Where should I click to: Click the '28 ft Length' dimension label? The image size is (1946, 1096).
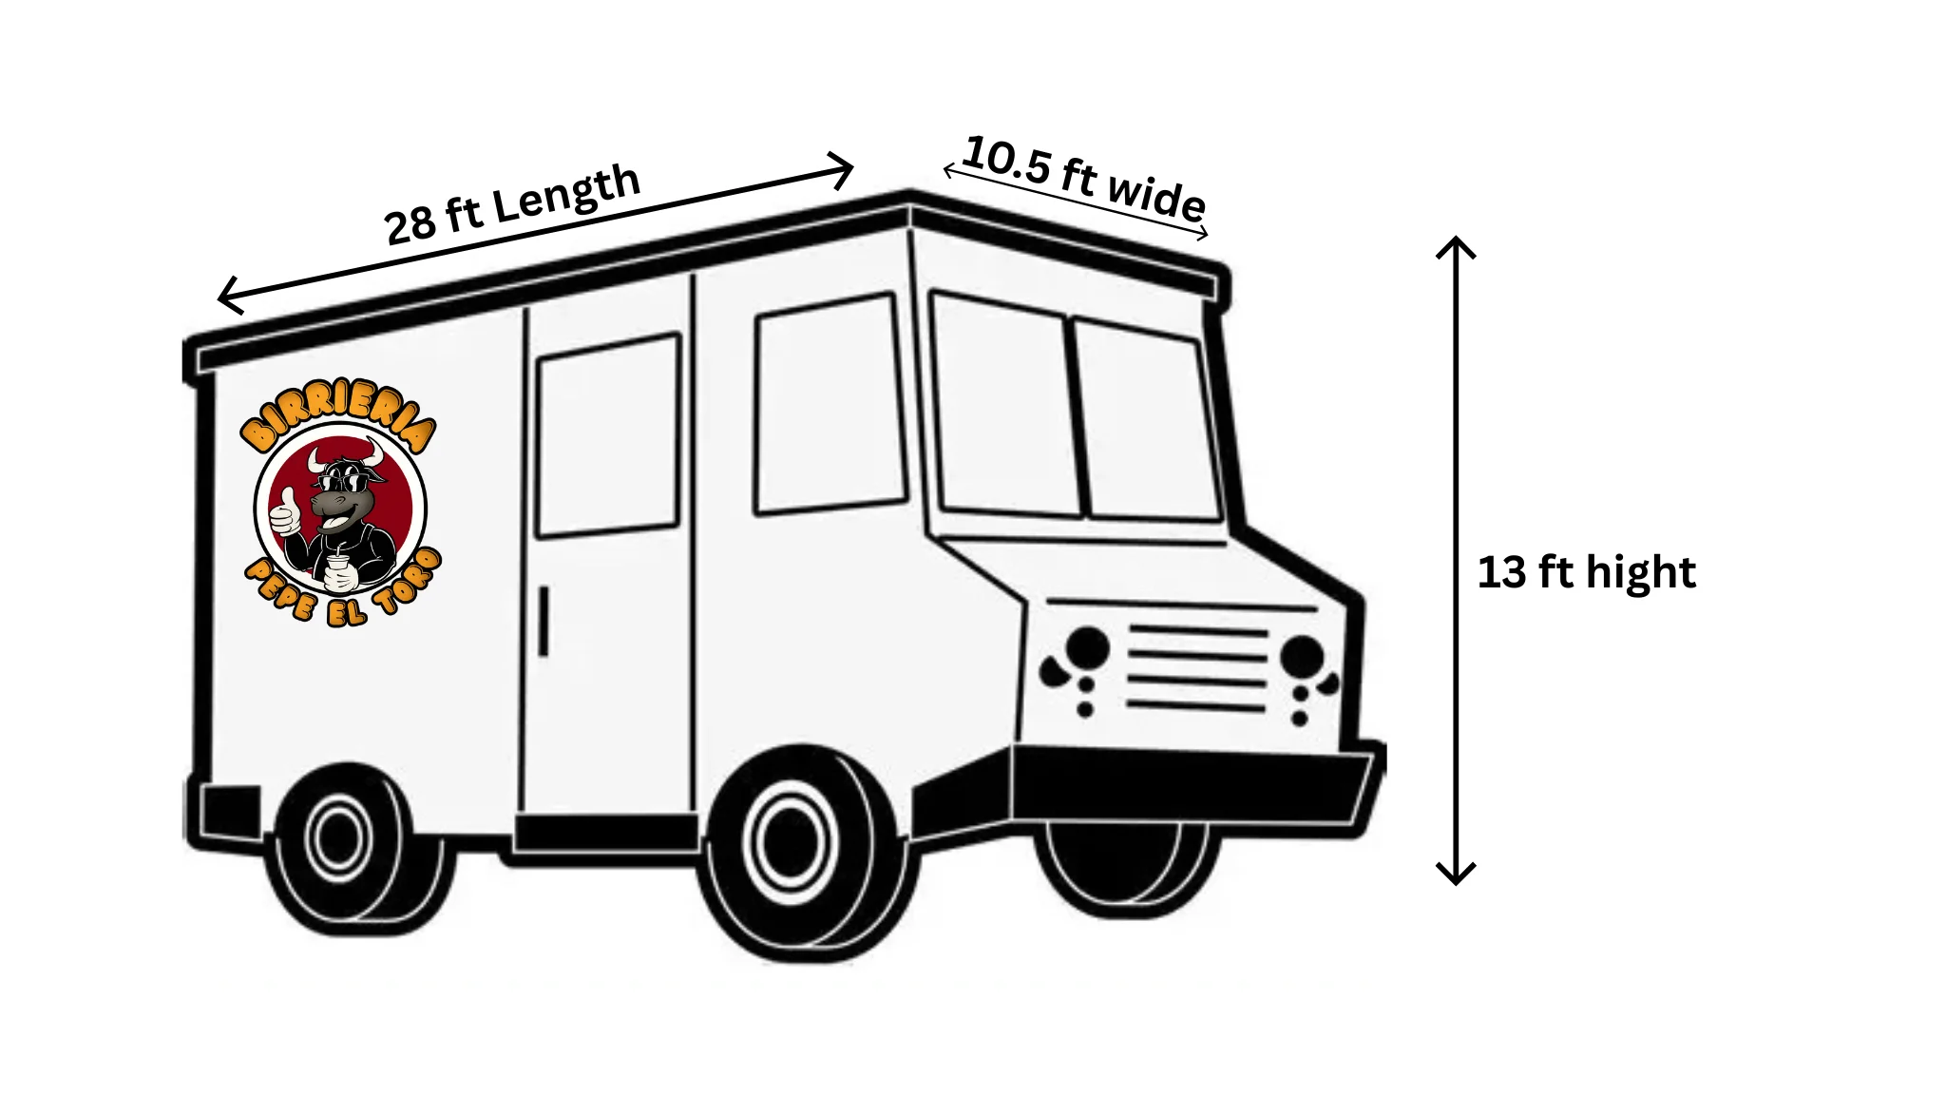[513, 204]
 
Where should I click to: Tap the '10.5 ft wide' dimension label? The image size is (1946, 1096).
[1084, 177]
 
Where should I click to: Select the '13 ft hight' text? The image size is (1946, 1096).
[1586, 572]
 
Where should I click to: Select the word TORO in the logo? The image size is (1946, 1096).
[408, 582]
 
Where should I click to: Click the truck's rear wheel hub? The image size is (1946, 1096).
[338, 839]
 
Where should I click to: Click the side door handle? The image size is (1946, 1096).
[544, 621]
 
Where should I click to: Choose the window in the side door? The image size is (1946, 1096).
[608, 435]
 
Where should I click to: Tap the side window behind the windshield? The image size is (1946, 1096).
[830, 404]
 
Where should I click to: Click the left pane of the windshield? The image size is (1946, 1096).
[1005, 404]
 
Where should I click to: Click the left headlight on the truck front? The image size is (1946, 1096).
[1087, 646]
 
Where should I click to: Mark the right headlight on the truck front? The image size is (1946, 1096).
[1302, 656]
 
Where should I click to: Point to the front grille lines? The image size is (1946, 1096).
[1197, 668]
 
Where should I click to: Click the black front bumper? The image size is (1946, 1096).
[1192, 784]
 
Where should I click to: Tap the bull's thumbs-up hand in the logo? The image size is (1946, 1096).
[285, 514]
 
